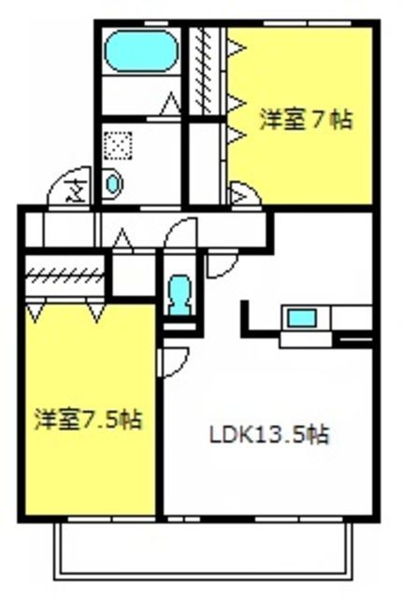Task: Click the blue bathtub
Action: pos(141,51)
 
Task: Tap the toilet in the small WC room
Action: pos(180,295)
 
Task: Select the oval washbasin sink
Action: pos(113,184)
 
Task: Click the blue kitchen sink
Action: pos(302,318)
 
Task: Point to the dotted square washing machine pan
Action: pos(119,146)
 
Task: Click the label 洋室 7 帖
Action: pos(306,120)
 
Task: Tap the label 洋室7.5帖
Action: pos(88,420)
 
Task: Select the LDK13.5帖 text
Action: pos(269,434)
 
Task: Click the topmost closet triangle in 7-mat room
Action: pos(236,48)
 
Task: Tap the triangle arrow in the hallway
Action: pos(122,239)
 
